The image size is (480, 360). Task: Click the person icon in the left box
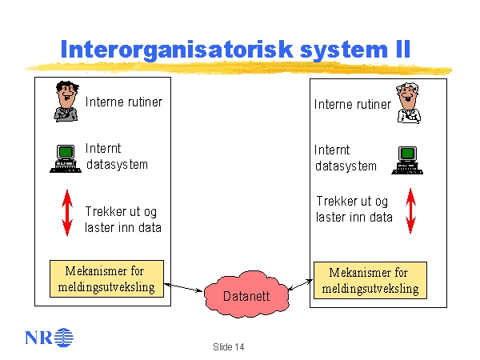66,102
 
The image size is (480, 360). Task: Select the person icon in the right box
409,103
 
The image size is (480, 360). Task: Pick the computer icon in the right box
407,159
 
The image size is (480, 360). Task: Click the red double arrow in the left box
67,213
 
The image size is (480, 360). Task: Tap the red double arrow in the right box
410,210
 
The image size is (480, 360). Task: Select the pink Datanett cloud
246,294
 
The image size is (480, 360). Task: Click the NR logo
49,336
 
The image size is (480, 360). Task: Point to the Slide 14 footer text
229,346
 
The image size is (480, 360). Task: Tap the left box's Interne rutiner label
123,102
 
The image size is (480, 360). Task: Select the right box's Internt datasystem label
345,158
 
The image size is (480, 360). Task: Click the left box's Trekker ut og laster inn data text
123,219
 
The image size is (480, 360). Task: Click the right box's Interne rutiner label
352,104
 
